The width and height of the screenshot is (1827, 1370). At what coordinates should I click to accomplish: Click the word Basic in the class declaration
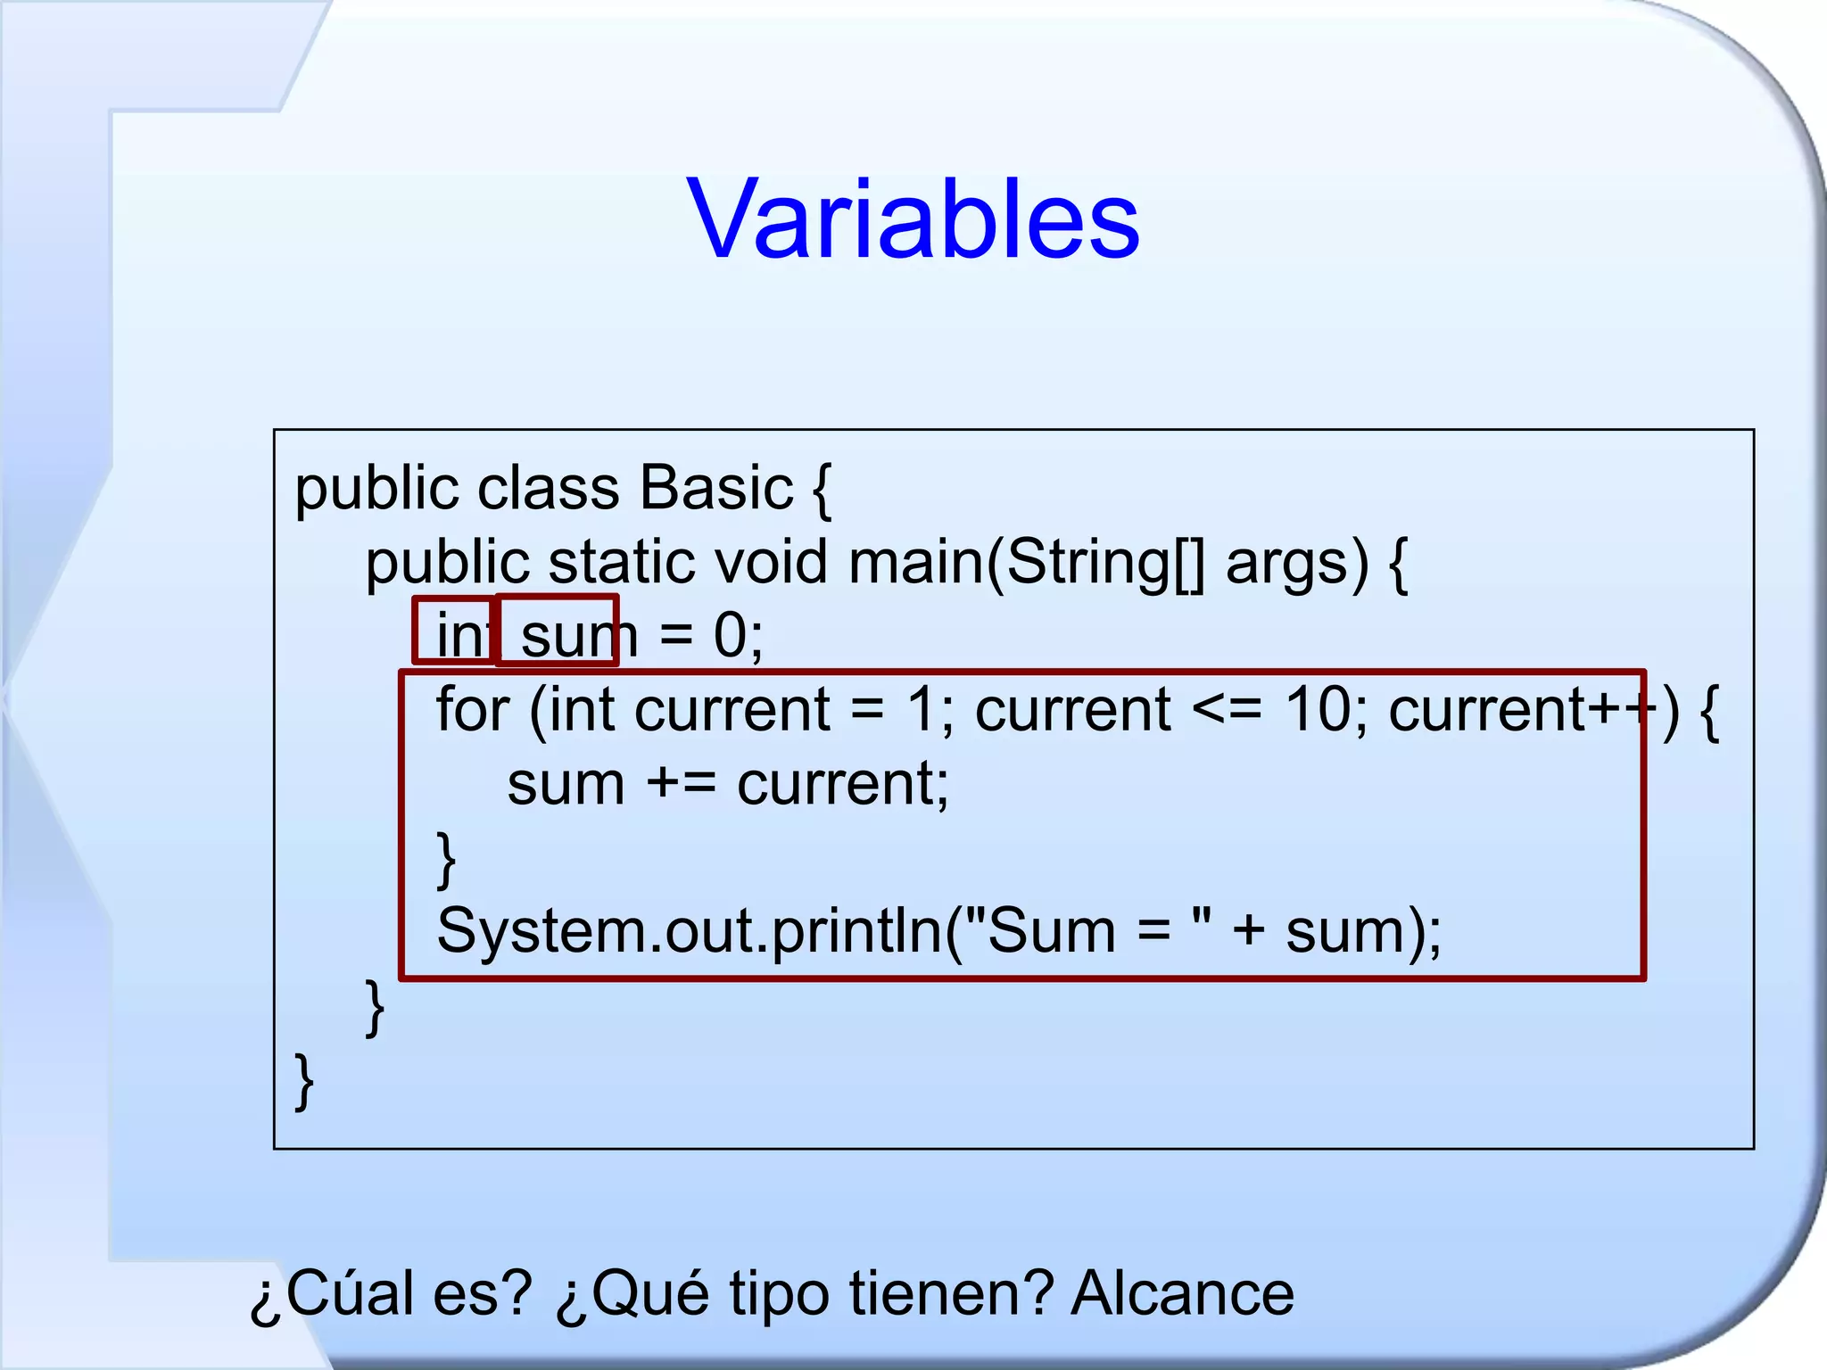coord(715,489)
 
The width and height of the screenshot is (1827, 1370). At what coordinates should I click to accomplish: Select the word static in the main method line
coord(621,564)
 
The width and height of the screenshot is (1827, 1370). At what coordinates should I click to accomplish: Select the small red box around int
coord(453,630)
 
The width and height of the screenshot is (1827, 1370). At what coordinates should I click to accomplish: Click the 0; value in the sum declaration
coord(738,637)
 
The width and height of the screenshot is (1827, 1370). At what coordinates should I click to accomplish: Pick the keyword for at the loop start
coord(473,710)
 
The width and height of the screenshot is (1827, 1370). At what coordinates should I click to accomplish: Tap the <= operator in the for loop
coord(1227,711)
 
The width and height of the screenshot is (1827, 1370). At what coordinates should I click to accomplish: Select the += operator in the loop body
coord(681,785)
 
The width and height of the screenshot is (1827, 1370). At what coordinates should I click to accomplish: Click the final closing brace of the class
coord(304,1081)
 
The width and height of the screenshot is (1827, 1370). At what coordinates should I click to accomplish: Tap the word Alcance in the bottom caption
coord(1182,1294)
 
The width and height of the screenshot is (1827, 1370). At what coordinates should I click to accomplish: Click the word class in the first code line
coord(548,489)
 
